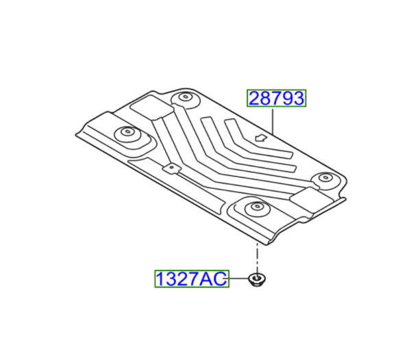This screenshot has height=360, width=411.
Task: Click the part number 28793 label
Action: point(276,99)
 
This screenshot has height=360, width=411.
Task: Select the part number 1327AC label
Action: point(190,279)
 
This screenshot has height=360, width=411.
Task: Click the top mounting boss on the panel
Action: point(184,98)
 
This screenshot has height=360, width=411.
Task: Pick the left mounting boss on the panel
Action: point(126,133)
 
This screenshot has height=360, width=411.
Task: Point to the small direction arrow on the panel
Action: point(260,138)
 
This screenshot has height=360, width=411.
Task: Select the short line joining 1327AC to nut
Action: point(236,279)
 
